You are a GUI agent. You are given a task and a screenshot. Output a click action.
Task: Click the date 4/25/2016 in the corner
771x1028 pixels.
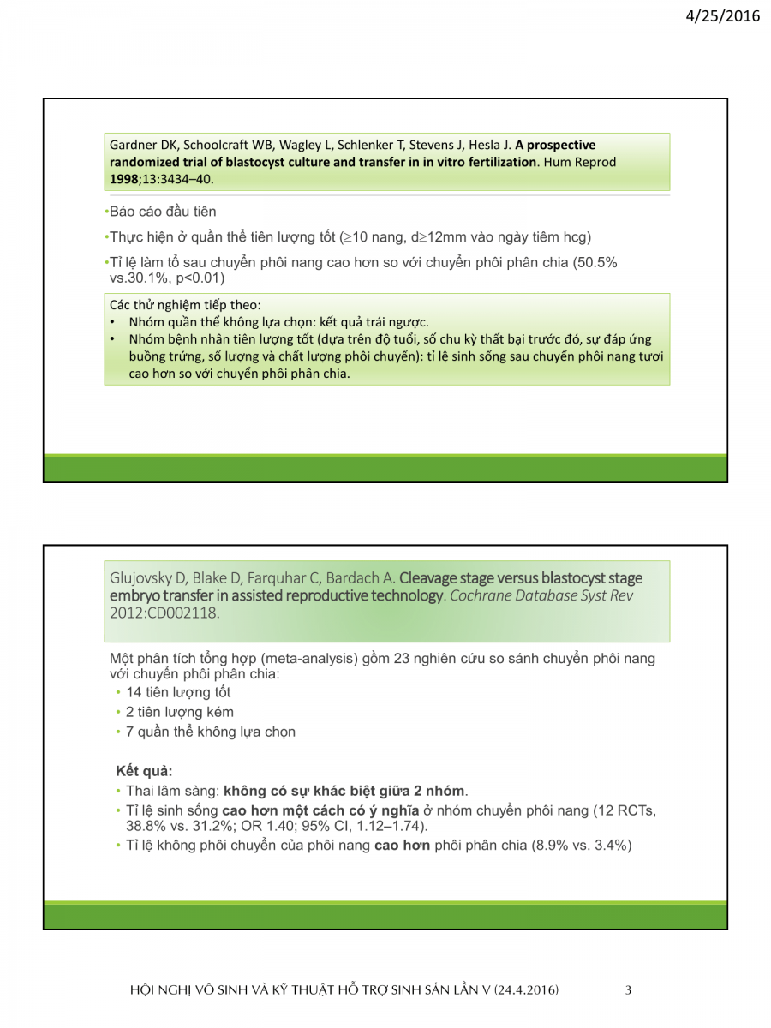click(x=724, y=15)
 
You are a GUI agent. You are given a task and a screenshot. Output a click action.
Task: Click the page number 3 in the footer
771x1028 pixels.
click(x=628, y=990)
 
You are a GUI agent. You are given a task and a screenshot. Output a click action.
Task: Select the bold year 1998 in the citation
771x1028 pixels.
click(x=127, y=179)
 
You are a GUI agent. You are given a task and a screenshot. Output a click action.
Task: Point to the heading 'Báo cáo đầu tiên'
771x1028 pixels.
click(x=163, y=212)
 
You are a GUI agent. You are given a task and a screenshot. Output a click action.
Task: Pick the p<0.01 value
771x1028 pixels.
click(x=200, y=278)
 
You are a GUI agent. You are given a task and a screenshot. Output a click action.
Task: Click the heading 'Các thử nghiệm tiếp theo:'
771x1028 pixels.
click(x=185, y=305)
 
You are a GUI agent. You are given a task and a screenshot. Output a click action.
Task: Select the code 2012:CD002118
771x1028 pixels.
click(x=164, y=613)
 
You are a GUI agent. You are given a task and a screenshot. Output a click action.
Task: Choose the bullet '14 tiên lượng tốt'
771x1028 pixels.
click(x=178, y=692)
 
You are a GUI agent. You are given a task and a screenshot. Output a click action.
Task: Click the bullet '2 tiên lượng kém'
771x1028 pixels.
click(x=180, y=712)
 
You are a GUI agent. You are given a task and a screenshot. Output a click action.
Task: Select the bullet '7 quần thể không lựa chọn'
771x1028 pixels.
click(x=211, y=732)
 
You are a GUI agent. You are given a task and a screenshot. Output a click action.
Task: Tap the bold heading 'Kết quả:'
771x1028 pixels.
click(x=144, y=770)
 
